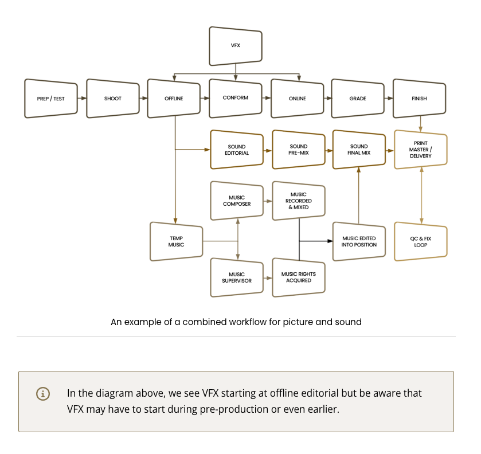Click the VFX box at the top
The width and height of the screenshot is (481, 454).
tap(236, 46)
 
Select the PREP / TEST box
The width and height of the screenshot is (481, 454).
tap(51, 99)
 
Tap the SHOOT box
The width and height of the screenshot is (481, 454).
tap(113, 99)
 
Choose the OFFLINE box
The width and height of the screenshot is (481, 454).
tap(174, 99)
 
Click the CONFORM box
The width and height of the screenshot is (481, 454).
tap(236, 99)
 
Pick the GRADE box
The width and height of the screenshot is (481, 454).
tap(358, 99)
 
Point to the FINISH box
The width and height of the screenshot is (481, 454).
tap(419, 99)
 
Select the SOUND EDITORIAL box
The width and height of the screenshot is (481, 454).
tap(237, 150)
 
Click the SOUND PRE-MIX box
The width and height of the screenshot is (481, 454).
tap(299, 150)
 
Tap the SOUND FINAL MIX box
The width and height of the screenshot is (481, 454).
tap(359, 150)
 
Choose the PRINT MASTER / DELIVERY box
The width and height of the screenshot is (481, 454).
tap(421, 150)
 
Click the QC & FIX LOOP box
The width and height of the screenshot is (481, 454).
tap(421, 242)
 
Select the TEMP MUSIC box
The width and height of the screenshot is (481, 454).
tap(177, 242)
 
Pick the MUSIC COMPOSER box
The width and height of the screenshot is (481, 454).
tap(237, 201)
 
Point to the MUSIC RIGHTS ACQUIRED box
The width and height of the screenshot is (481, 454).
tap(299, 277)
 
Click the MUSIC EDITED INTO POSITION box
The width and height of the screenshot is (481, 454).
tap(359, 242)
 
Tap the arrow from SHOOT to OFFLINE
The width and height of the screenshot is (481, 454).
tap(143, 98)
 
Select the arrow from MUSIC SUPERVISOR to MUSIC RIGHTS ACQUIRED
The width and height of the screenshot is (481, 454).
tap(268, 278)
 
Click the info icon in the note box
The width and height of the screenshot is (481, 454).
tap(43, 394)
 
